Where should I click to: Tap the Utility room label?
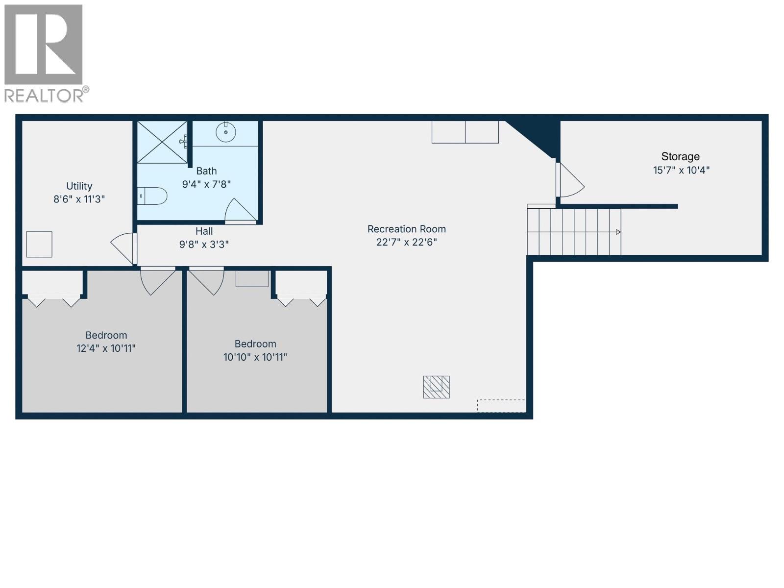(x=79, y=186)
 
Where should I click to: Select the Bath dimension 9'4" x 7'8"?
(x=206, y=184)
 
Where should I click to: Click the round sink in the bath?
(x=226, y=132)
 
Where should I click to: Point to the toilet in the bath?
(x=153, y=196)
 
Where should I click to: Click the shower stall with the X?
(x=162, y=142)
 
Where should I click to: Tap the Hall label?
(x=204, y=231)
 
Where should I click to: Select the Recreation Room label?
(x=406, y=229)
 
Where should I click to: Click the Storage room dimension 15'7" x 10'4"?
(x=681, y=170)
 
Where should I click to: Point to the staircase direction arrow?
(x=618, y=232)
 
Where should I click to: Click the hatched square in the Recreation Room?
(x=436, y=387)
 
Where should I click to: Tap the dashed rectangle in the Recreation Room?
(x=501, y=406)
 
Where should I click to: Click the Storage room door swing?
(x=570, y=180)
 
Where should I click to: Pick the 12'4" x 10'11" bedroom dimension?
(x=106, y=348)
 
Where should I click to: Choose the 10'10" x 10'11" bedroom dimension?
(x=255, y=357)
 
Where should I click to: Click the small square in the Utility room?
(x=39, y=244)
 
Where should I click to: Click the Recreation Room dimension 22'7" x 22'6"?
(x=406, y=242)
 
